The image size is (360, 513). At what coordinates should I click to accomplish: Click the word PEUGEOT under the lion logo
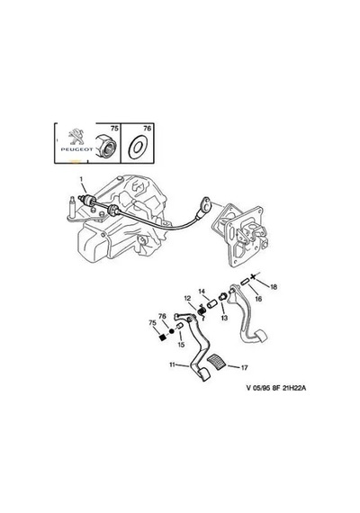[x=76, y=149]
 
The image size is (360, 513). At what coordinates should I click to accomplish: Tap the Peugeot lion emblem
[x=76, y=137]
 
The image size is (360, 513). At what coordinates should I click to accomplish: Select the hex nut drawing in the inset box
[x=104, y=144]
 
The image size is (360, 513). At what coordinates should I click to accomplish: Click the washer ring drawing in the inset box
[x=138, y=147]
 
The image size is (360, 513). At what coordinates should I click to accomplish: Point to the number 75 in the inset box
[x=114, y=129]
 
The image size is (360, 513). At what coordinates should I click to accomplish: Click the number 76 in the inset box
[x=148, y=129]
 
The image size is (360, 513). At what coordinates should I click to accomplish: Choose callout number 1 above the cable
[x=81, y=179]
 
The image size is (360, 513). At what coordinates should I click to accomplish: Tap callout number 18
[x=274, y=287]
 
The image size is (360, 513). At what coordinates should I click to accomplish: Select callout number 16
[x=258, y=299]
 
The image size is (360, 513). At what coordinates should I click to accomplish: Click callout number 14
[x=202, y=292]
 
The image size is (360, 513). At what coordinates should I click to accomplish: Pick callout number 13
[x=224, y=318]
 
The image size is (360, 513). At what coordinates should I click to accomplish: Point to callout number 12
[x=187, y=298]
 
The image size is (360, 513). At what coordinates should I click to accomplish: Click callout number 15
[x=181, y=345]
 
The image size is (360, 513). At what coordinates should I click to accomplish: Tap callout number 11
[x=173, y=364]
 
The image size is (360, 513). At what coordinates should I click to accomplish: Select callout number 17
[x=244, y=368]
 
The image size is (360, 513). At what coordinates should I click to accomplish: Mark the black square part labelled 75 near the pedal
[x=161, y=337]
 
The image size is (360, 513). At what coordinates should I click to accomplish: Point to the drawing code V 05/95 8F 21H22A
[x=276, y=388]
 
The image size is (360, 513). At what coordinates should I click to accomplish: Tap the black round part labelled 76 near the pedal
[x=172, y=331]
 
